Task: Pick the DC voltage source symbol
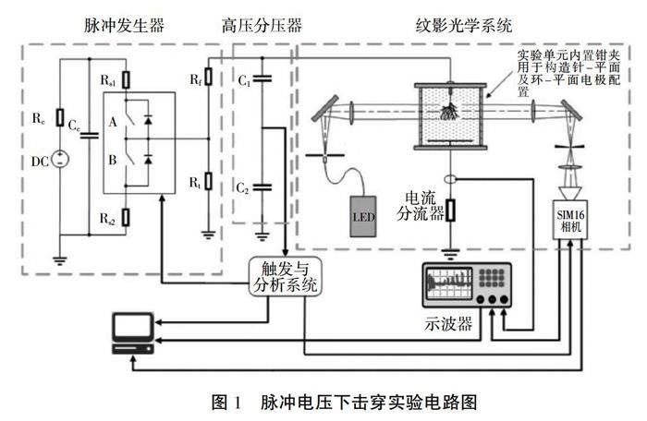(60, 158)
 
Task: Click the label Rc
(38, 119)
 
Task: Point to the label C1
(245, 82)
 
